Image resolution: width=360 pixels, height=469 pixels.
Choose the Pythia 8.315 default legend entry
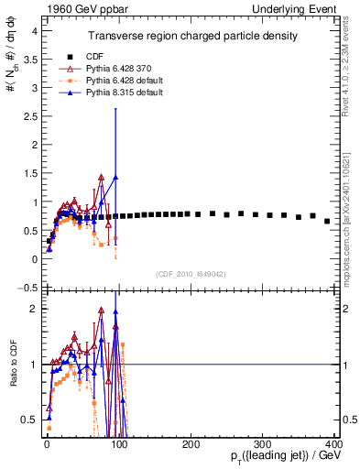(x=121, y=94)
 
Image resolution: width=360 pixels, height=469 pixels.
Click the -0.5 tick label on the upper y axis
(x=28, y=288)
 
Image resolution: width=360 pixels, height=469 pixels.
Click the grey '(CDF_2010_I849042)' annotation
(x=191, y=273)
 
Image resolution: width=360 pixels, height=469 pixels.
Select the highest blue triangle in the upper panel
(x=115, y=177)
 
